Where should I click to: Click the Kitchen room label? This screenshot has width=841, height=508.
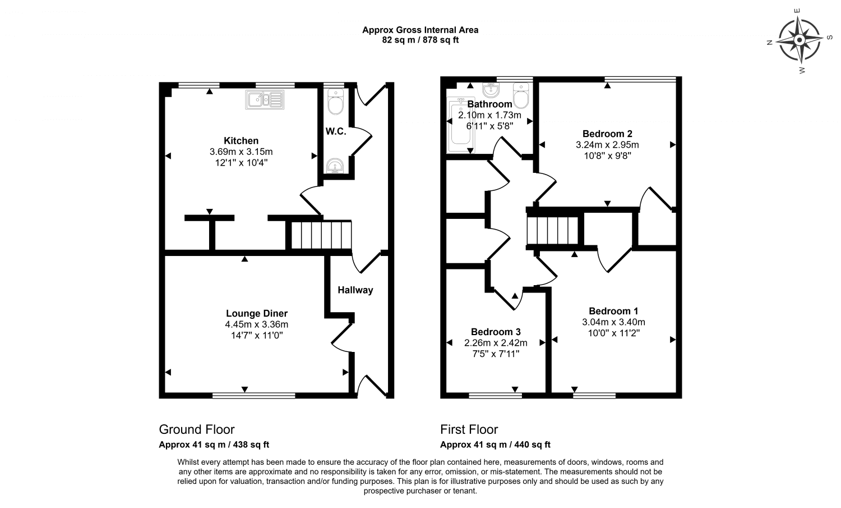241,140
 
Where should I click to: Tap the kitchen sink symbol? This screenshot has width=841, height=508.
265,99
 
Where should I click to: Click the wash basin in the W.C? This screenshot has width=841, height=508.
335,166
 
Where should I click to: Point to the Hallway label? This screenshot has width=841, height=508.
355,290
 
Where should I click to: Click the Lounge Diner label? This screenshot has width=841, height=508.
257,313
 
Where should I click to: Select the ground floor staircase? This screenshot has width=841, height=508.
320,235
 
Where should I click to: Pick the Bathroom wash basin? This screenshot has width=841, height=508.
491,90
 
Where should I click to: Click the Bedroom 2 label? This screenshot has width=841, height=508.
607,134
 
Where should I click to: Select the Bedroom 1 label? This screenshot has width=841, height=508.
613,311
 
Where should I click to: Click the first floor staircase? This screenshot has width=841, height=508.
553,230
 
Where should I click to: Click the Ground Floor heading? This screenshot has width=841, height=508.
197,429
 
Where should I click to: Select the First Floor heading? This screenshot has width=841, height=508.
469,429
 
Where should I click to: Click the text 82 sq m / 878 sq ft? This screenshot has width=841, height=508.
420,40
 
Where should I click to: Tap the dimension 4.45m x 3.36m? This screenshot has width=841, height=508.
257,324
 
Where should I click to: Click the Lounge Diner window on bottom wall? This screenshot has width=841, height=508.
254,396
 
